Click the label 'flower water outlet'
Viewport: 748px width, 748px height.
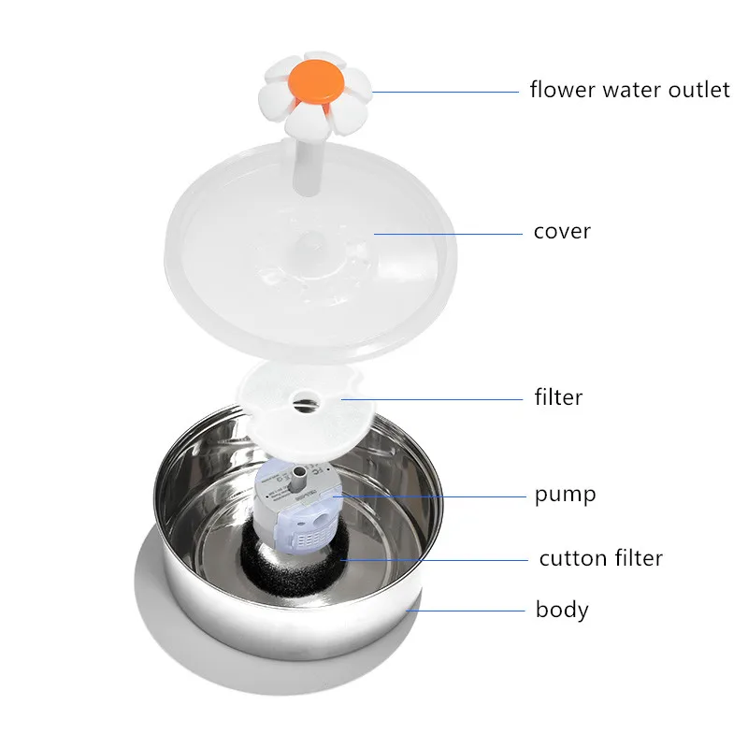(x=628, y=91)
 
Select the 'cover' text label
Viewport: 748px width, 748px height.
(x=562, y=231)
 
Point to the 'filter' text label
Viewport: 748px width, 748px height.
(x=558, y=397)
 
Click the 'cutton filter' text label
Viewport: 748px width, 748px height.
(x=600, y=558)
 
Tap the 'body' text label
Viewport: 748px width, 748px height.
(x=562, y=611)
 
